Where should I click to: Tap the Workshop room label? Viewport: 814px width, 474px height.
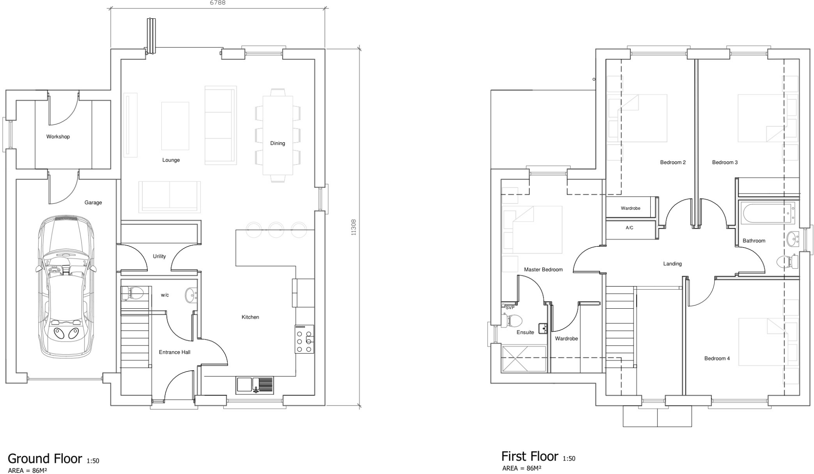click(x=58, y=137)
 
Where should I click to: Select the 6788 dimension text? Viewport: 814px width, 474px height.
click(x=217, y=3)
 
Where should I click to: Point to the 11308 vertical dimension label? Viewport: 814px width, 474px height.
click(x=353, y=227)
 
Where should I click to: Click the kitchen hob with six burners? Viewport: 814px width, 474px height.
click(x=304, y=339)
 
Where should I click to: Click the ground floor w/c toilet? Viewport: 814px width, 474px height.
click(x=133, y=294)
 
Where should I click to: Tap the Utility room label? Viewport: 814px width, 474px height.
click(x=159, y=256)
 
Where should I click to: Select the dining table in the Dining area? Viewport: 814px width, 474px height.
click(x=278, y=135)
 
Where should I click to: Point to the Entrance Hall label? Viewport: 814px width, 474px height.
click(x=174, y=352)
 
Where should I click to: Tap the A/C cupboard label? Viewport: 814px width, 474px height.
click(x=630, y=228)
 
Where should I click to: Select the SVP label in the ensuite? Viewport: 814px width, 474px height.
click(x=510, y=308)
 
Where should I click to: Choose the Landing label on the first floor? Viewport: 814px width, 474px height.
click(x=673, y=263)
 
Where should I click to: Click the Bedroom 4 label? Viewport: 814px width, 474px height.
click(x=717, y=358)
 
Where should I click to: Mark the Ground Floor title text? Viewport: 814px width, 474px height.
click(x=45, y=459)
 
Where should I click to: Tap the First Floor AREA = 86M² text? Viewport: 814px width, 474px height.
click(x=521, y=468)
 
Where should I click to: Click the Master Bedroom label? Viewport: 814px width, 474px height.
click(x=543, y=269)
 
